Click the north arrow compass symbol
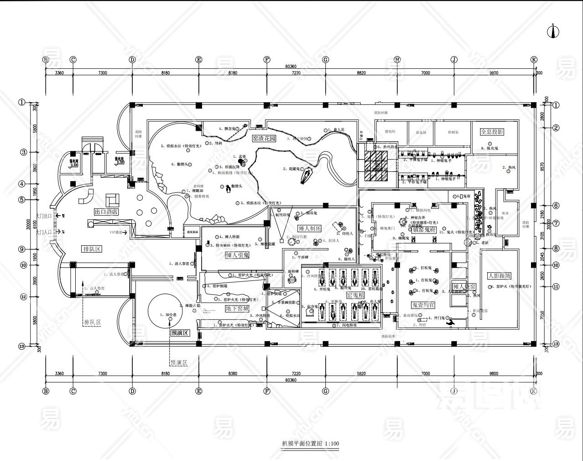click(x=553, y=30)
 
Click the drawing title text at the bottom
click(x=310, y=443)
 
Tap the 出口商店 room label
click(x=106, y=212)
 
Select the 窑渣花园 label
click(x=264, y=138)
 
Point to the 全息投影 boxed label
click(x=492, y=132)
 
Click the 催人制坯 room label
click(x=310, y=228)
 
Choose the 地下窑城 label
click(x=237, y=309)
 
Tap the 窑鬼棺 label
click(x=355, y=295)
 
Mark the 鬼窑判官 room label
click(x=423, y=305)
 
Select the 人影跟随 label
click(x=499, y=276)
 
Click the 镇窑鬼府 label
click(x=424, y=229)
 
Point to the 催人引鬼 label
click(x=237, y=255)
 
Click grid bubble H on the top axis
click(x=397, y=59)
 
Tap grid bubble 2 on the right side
click(x=556, y=128)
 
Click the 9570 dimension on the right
click(x=542, y=166)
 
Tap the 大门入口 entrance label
click(x=43, y=232)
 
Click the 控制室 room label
click(x=453, y=132)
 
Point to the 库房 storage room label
click(x=505, y=213)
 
